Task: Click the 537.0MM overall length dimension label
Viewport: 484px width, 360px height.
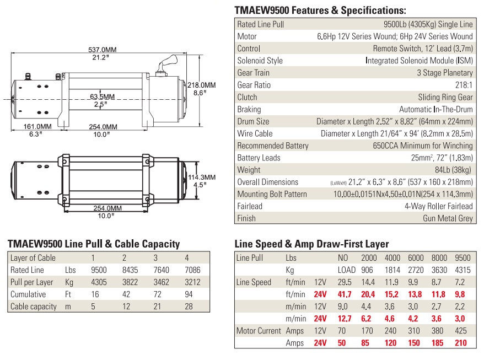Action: coord(102,50)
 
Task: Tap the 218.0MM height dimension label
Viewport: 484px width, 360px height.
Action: coord(202,85)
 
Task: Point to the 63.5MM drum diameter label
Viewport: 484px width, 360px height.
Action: coord(102,96)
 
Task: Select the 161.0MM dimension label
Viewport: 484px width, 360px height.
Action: coord(37,127)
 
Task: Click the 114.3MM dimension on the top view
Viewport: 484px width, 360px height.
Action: coord(202,177)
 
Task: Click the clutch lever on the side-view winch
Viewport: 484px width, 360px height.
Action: coord(166,64)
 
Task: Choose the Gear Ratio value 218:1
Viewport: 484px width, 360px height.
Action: coord(464,85)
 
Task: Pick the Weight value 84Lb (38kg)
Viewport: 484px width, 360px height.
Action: coord(453,170)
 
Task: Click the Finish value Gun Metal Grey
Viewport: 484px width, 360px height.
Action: coord(448,218)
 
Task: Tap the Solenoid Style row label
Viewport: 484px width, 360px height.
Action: coord(260,61)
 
